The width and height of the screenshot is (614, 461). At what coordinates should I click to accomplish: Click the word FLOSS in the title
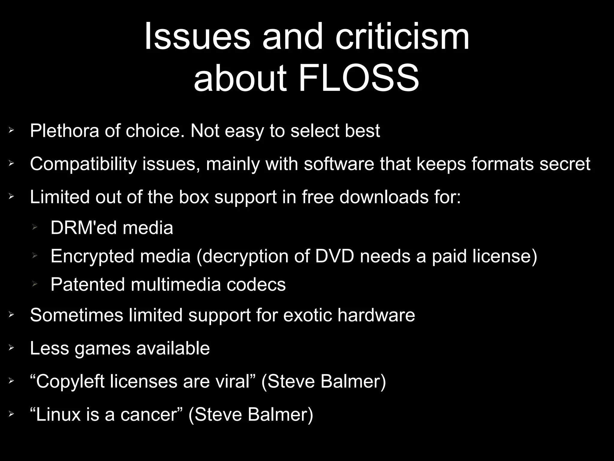[x=359, y=79]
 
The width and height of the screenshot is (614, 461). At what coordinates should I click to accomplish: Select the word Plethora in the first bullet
[x=64, y=131]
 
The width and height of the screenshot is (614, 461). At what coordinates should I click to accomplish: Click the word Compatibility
[x=83, y=164]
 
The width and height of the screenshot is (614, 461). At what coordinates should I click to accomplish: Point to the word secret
[x=565, y=164]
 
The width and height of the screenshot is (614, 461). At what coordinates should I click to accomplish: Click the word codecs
[x=256, y=284]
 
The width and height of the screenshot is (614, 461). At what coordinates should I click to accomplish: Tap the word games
[x=103, y=349]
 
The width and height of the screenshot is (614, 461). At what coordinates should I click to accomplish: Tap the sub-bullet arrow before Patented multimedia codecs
[x=35, y=283]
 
